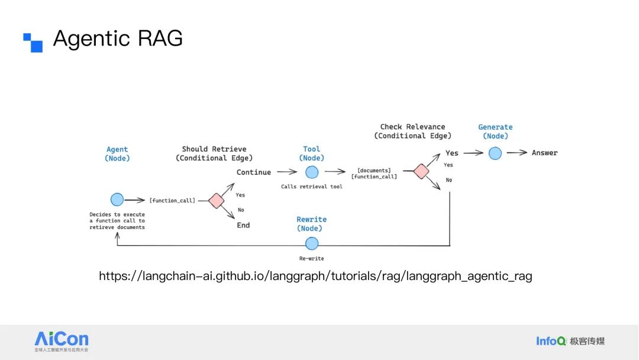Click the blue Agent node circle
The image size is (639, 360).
coord(117,200)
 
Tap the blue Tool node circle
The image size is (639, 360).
coord(312,172)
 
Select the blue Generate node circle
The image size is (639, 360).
coord(495,153)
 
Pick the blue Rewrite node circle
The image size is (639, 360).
coord(312,243)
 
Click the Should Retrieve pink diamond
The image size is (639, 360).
coord(216,200)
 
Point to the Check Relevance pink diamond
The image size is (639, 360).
coord(421,171)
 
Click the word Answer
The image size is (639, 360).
coord(544,153)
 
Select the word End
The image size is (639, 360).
coord(243,225)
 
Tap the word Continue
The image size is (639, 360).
coord(253,172)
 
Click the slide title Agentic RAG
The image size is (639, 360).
coord(118,38)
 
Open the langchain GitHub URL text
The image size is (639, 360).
coord(315,276)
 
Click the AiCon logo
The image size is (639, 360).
coord(62,341)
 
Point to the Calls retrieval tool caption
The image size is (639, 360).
coord(312,187)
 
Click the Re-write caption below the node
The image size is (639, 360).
coord(312,259)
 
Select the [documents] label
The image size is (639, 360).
coord(374,171)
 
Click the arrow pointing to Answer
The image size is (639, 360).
coord(517,153)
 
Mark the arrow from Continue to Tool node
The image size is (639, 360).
coord(287,172)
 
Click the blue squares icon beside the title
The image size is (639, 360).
coord(33,43)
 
